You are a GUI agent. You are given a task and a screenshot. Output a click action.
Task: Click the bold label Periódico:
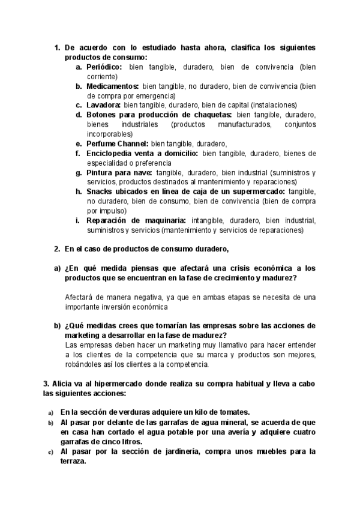click(x=104, y=67)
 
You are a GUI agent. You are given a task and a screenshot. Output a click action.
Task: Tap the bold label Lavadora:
click(x=104, y=105)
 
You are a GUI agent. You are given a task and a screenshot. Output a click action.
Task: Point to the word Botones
click(x=102, y=115)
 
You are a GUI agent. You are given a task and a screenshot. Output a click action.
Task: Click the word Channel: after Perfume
click(x=132, y=143)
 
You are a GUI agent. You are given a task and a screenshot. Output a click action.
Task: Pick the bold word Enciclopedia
click(x=112, y=153)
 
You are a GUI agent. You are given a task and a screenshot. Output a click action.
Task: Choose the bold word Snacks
click(x=101, y=191)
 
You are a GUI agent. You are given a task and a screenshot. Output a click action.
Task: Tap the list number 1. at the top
click(x=58, y=47)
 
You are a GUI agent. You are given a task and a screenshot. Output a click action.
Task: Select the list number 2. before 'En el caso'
click(x=58, y=249)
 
